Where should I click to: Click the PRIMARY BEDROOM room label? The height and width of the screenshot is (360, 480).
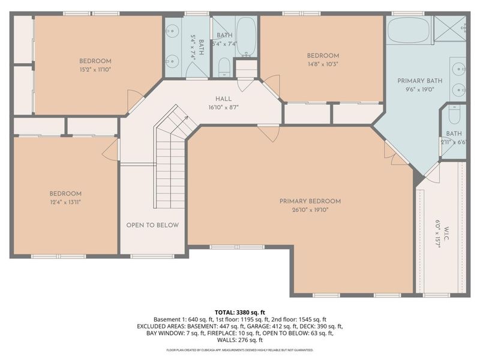point(310,201)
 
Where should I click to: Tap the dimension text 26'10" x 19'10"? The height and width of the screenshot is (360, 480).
point(310,210)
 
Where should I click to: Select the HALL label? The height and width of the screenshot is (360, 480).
point(223,99)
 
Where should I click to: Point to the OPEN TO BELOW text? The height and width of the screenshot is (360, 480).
point(152,225)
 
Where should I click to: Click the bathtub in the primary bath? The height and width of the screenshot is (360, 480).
point(408,30)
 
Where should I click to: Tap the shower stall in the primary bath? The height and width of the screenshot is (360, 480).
point(450,28)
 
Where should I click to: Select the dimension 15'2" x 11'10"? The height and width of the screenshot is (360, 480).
point(95,70)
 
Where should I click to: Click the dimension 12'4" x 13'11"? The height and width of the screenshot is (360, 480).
point(65,203)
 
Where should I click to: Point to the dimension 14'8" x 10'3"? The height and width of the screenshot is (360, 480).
point(323,65)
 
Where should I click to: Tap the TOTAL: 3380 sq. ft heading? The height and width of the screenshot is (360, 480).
point(240,313)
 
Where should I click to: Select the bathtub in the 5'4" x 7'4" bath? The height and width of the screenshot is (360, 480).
point(245,36)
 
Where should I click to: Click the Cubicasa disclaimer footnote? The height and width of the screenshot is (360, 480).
point(240,349)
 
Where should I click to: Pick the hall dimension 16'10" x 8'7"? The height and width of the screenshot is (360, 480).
point(223,108)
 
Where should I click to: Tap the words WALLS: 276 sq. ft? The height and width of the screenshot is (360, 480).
point(240,340)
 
